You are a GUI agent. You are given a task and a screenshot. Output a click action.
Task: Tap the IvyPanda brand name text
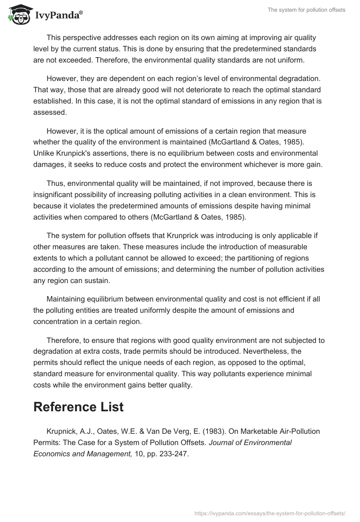click(x=58, y=16)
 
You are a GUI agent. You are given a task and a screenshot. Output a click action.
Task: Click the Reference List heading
click(x=78, y=407)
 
